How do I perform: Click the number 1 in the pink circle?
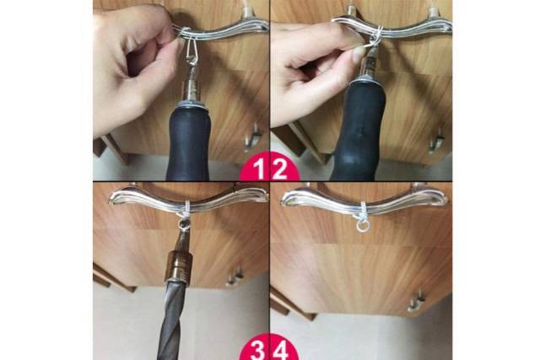259,169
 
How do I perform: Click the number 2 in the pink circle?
278,169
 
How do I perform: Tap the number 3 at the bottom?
257,351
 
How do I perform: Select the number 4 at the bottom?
280,351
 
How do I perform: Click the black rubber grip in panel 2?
359,131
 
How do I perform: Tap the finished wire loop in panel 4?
361,225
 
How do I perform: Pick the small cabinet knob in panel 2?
436,141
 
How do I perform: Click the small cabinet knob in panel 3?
235,277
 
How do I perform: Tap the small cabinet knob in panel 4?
416,302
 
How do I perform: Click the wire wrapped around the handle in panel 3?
186,207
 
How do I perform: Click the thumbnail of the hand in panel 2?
358,53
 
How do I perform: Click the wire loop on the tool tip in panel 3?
183,225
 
